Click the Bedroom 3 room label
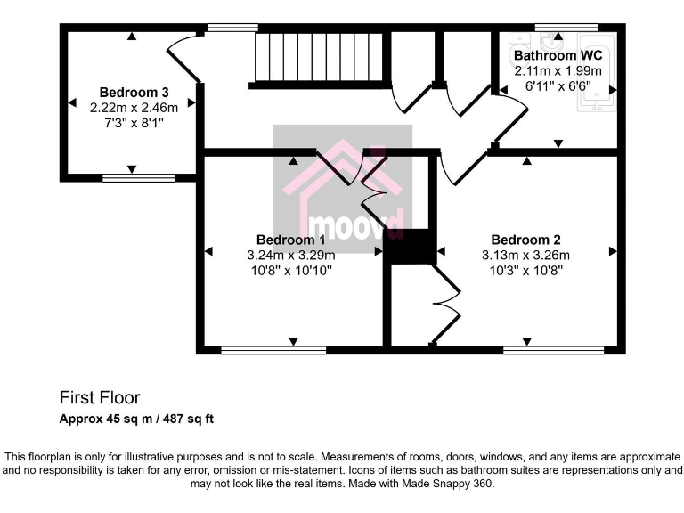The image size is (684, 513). pos(134,92)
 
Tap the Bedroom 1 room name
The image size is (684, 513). pos(290,240)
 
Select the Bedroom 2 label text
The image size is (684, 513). pos(525,240)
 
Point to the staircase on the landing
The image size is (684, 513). pos(319,57)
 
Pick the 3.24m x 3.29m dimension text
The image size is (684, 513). pos(290,255)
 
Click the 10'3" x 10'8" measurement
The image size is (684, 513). pos(525,270)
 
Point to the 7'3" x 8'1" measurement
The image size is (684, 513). pos(134,122)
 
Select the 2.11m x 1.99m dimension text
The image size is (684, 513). pos(558,71)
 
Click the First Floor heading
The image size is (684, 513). pos(100,397)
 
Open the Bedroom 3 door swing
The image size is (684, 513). pos(183,58)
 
